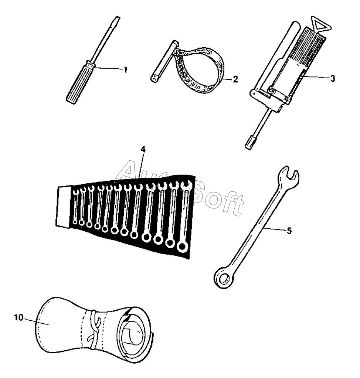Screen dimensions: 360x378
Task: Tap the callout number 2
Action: pos(235,79)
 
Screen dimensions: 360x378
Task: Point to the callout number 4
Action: pos(143,150)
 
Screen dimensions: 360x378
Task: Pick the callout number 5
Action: pos(289,231)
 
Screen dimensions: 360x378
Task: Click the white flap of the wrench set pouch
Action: pos(64,207)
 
